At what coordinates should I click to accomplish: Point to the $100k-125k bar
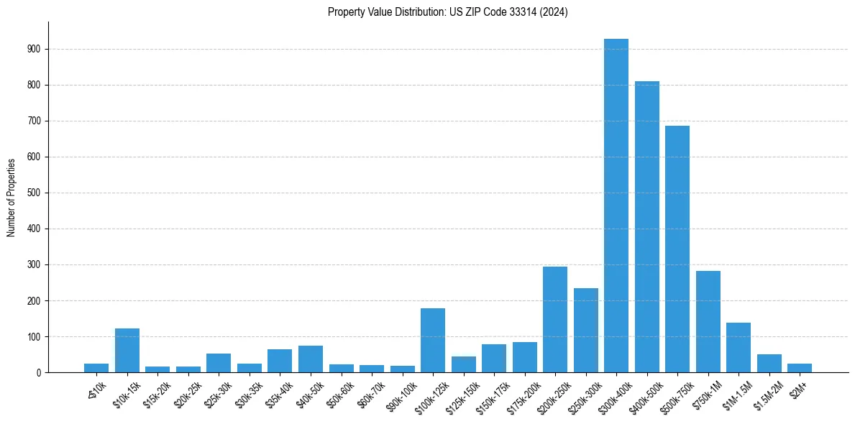(x=433, y=341)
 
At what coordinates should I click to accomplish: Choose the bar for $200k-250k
(x=555, y=320)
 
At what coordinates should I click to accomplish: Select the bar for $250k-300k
(x=585, y=331)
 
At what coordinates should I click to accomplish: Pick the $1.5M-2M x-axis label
(x=768, y=392)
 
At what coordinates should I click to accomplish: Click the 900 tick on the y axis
(x=35, y=50)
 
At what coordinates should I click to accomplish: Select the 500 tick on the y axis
(x=35, y=193)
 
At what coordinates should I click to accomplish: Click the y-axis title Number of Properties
(x=11, y=197)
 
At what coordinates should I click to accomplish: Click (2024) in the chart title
(x=555, y=12)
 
